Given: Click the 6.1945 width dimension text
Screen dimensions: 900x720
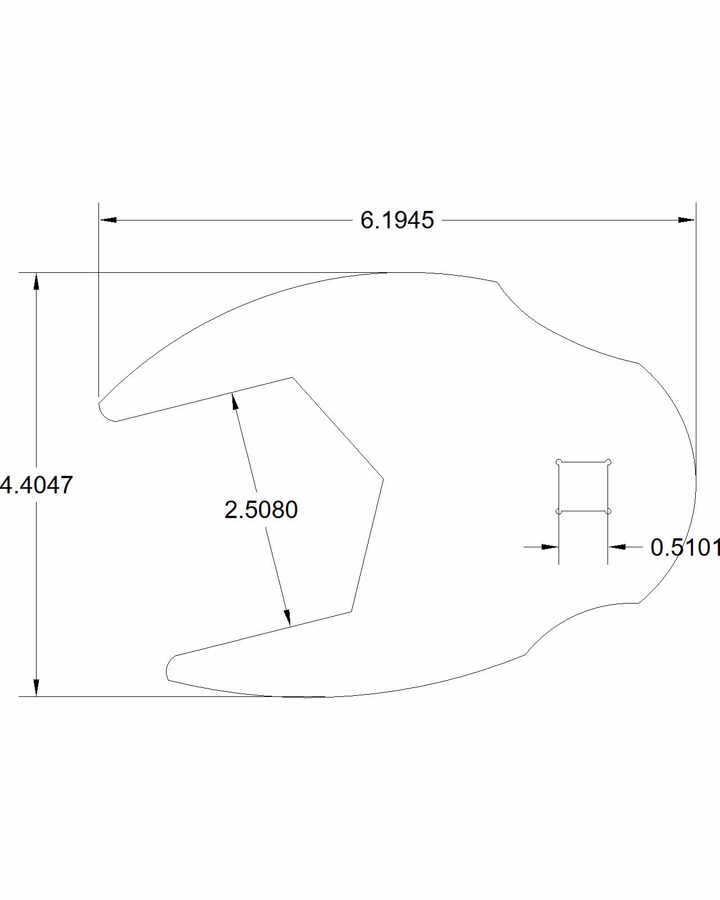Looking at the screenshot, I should tap(397, 220).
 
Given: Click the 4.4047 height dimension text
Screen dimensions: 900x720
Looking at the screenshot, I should tap(37, 485).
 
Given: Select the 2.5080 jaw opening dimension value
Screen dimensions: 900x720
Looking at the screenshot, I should tap(261, 510).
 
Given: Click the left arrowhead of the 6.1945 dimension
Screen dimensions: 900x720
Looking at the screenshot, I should tap(109, 220).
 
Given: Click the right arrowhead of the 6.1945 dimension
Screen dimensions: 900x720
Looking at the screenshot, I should tap(686, 220).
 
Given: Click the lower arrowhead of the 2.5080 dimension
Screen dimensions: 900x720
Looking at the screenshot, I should tap(287, 617).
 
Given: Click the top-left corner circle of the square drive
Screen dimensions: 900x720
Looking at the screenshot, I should tap(559, 462).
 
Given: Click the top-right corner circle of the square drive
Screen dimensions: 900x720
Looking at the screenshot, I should tap(608, 462).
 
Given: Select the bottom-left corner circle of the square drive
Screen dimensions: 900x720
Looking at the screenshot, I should tap(559, 511).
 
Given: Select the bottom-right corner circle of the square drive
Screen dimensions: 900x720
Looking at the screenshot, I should tap(608, 511).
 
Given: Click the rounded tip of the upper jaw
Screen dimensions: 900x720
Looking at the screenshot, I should tap(103, 411).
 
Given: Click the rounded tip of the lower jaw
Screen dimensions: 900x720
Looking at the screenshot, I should tap(169, 669).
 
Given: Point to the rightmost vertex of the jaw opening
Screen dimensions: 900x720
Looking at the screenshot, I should tap(383, 479).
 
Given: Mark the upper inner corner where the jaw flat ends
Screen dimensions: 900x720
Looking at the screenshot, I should tap(292, 377).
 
